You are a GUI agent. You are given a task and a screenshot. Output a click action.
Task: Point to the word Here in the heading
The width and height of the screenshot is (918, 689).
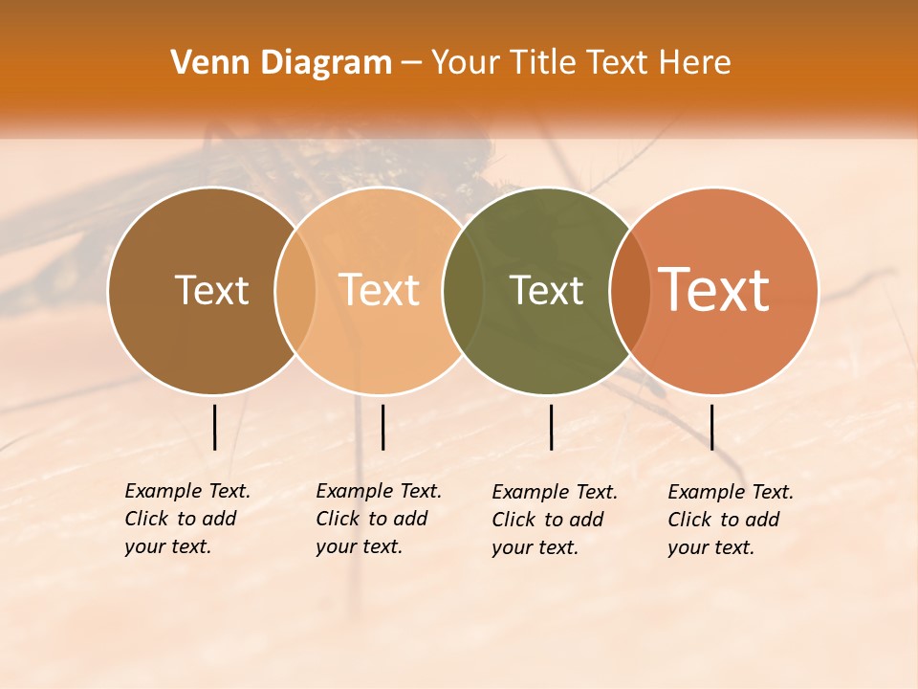[694, 63]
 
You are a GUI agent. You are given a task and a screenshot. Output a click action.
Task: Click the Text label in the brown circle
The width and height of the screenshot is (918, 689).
[211, 290]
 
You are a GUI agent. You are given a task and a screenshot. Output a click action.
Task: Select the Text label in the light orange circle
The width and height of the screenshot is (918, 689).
[380, 290]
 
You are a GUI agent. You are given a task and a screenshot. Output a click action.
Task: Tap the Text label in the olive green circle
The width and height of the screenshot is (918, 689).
[547, 290]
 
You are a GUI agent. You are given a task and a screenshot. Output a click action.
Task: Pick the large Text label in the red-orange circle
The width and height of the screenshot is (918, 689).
[714, 290]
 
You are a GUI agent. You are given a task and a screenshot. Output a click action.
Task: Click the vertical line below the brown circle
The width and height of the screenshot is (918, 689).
[215, 427]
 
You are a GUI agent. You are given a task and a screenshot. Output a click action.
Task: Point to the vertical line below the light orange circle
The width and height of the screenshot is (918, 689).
[382, 427]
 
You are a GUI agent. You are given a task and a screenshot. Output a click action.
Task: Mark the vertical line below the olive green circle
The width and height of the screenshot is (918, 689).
[551, 427]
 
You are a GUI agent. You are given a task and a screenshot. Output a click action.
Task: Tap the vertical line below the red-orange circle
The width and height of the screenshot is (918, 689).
[711, 427]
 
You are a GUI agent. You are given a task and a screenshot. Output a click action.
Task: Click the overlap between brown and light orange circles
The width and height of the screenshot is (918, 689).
[295, 290]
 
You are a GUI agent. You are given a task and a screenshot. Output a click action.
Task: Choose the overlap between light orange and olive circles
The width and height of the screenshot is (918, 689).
[463, 290]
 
